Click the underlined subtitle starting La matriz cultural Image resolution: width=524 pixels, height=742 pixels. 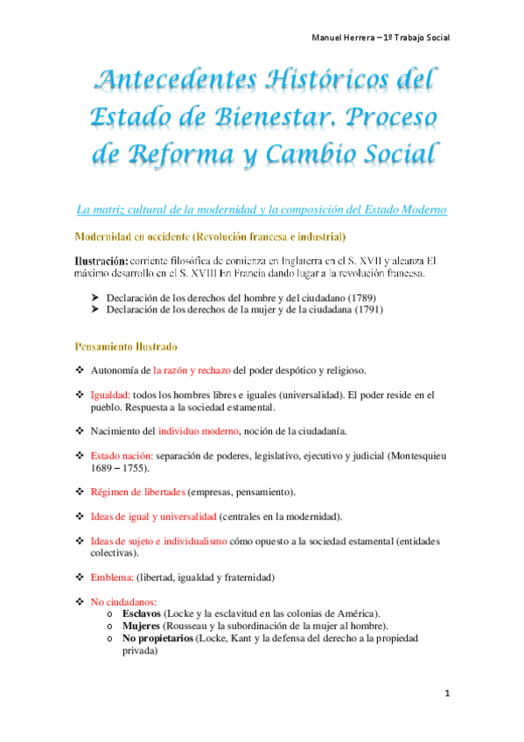(262, 210)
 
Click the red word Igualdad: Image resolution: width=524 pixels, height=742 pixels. (110, 395)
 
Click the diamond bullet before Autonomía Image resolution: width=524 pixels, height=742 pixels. (79, 370)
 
